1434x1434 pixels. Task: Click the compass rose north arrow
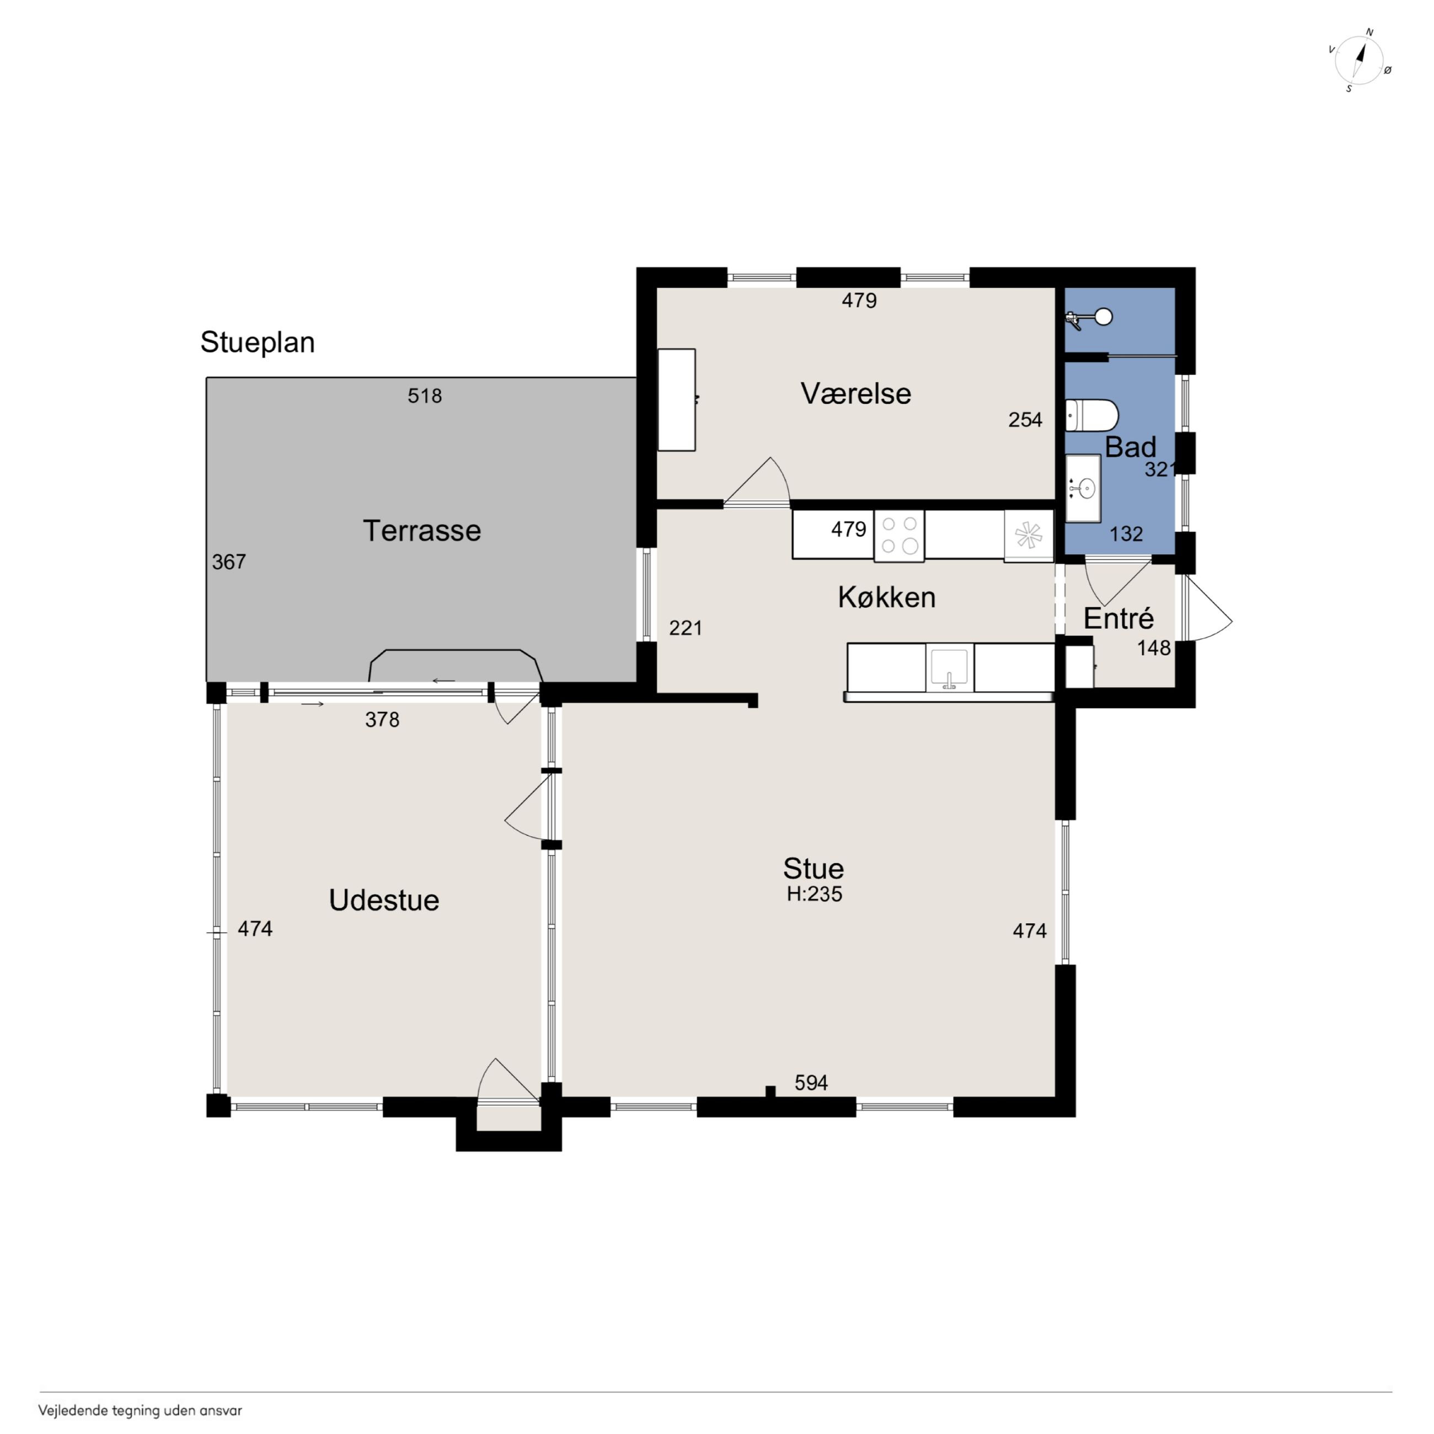(1361, 58)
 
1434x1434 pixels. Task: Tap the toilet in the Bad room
(1091, 416)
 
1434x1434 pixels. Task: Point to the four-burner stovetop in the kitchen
(899, 535)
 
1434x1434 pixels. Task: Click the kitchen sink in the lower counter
(949, 667)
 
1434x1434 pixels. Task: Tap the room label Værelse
(856, 393)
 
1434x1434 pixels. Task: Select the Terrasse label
(421, 531)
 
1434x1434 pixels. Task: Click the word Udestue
(384, 900)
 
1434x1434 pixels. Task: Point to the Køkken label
(886, 597)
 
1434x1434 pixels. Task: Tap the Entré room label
(1119, 618)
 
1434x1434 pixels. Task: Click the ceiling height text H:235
(814, 895)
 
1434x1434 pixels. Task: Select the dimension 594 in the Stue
(811, 1083)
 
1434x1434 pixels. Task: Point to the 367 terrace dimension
(228, 563)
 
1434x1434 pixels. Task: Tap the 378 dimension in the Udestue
(382, 720)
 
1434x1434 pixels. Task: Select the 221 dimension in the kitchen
(686, 629)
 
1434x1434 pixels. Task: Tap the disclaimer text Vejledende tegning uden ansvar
(140, 1411)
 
